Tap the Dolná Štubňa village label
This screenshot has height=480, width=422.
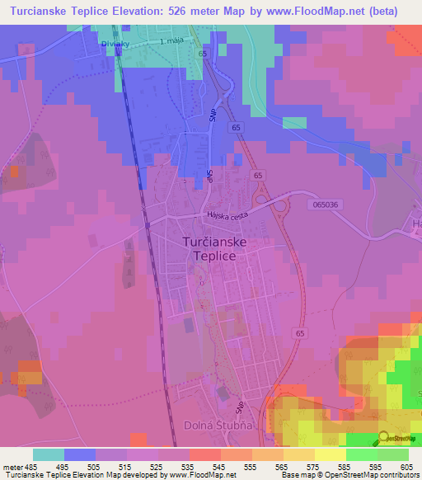pyautogui.click(x=210, y=426)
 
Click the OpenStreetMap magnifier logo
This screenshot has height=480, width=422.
pyautogui.click(x=384, y=438)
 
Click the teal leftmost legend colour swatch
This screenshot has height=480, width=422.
pyautogui.click(x=49, y=454)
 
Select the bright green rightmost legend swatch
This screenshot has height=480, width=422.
pyautogui.click(x=393, y=454)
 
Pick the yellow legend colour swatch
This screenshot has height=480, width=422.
pyautogui.click(x=331, y=454)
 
